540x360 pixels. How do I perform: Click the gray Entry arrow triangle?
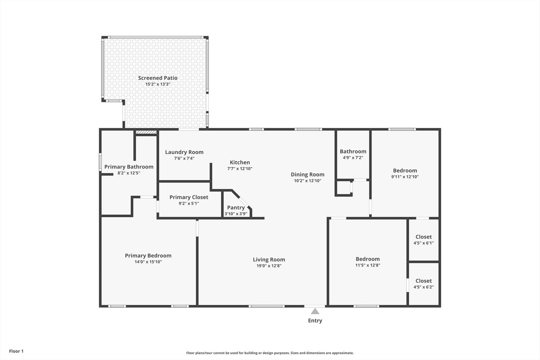pos(315,311)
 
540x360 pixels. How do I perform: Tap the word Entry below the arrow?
pos(315,321)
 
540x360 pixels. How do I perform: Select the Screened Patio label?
pos(158,78)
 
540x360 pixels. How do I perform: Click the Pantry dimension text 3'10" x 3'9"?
pos(236,214)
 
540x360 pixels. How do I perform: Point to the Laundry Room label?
pos(184,152)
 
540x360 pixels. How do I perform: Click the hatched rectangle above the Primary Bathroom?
pos(146,132)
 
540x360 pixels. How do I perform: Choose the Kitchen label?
pos(240,162)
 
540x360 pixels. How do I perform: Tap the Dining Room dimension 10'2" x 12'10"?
pos(308,181)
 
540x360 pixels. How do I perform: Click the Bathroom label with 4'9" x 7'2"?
pos(353,151)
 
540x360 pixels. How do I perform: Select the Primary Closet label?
pos(189,197)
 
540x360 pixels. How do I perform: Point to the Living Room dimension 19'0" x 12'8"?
pos(269,266)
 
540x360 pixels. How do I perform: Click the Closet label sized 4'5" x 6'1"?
pos(424,237)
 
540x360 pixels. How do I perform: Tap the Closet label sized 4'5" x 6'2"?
pos(424,281)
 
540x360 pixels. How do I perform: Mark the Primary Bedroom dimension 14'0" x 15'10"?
pos(148,262)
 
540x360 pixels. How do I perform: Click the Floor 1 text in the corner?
pos(16,351)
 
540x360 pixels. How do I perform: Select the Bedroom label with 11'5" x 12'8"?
pos(368,259)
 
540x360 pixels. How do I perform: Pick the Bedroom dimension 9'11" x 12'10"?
pos(405,176)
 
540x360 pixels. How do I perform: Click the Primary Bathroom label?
pos(129,167)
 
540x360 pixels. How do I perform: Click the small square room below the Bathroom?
pos(344,188)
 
